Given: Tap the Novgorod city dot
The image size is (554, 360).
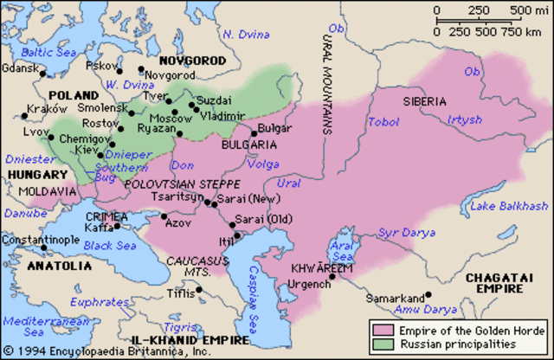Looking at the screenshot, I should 141,68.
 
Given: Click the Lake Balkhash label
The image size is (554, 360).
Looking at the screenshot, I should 510,205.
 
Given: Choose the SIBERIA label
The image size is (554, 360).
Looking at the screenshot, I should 425,101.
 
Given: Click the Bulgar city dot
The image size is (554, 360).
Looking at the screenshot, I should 254,132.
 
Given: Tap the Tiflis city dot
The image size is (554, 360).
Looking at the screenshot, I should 199,290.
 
